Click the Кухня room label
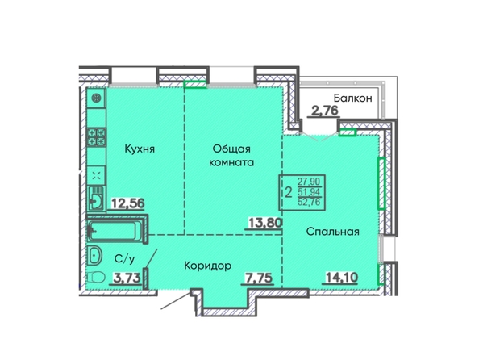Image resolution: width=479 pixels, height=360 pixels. (140, 149)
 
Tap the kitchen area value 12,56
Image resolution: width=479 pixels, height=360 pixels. (127, 203)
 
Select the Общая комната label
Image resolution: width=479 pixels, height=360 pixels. (231, 156)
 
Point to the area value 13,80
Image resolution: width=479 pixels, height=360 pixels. (264, 223)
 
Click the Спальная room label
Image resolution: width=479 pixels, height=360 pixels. (333, 232)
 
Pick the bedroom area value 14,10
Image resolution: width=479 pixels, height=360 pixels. (342, 278)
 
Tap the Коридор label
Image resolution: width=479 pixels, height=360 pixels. (208, 266)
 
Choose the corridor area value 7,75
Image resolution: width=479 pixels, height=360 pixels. (260, 278)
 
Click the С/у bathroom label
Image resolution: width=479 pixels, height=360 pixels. (124, 259)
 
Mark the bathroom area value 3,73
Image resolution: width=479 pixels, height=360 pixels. (127, 278)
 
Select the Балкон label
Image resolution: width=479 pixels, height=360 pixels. (353, 98)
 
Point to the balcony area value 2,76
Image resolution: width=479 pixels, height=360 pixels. (325, 111)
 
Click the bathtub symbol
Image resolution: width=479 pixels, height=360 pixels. (115, 231)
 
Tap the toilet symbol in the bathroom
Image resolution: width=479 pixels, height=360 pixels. (96, 278)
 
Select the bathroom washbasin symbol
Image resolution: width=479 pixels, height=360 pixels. (95, 255)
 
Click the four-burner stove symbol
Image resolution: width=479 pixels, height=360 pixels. (97, 136)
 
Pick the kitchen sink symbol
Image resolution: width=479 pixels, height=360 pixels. (96, 198)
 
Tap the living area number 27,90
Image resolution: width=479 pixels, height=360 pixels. (309, 182)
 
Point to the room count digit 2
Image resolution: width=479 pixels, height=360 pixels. (288, 192)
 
